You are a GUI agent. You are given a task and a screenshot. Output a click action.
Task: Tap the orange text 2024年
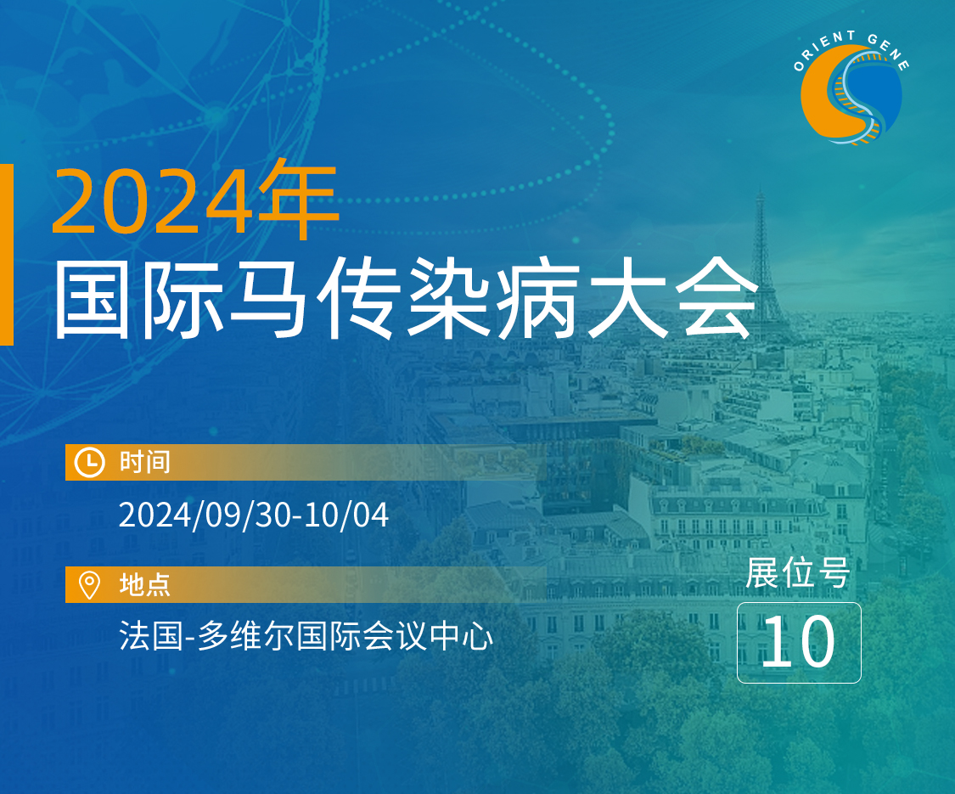click(194, 201)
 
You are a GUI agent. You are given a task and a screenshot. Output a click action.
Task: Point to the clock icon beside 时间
click(89, 462)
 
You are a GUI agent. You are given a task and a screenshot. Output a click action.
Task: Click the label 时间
click(145, 462)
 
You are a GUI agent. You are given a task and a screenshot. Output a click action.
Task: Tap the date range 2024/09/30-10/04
click(253, 515)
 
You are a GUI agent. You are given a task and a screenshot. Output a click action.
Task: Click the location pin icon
click(89, 584)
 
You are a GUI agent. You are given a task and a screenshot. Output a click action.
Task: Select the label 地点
click(145, 584)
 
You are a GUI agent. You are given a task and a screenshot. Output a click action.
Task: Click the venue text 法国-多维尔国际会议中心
click(306, 636)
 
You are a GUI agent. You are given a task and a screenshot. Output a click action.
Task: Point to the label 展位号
click(798, 573)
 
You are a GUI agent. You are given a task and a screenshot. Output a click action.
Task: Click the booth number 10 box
click(798, 642)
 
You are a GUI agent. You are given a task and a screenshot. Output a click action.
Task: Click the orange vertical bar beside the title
click(6, 255)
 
